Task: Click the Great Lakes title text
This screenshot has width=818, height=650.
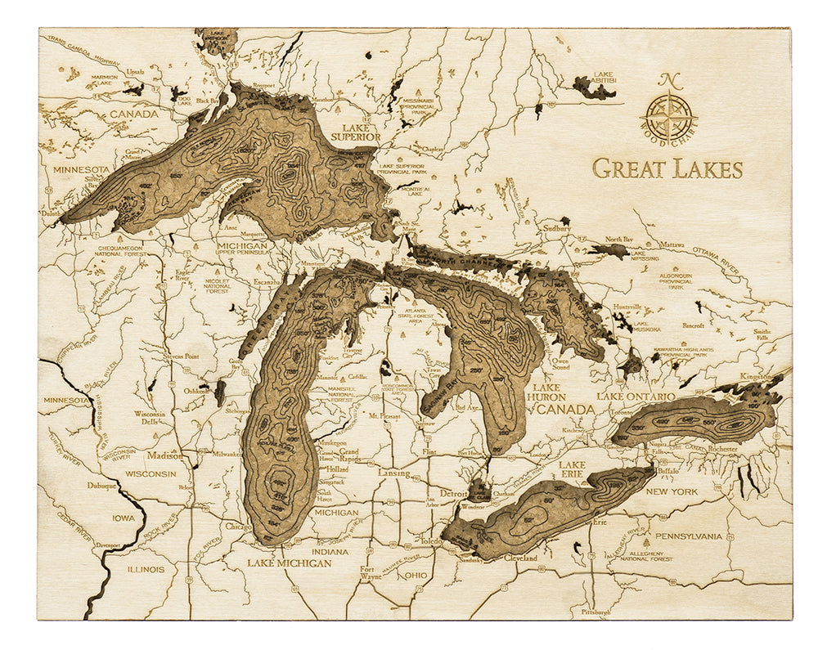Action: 667,168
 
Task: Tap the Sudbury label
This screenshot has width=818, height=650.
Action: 556,229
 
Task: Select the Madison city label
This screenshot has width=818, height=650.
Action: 165,456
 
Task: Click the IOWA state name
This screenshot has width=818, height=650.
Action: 124,518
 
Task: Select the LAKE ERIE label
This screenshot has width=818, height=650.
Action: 573,468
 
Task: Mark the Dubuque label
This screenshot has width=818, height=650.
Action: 101,485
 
